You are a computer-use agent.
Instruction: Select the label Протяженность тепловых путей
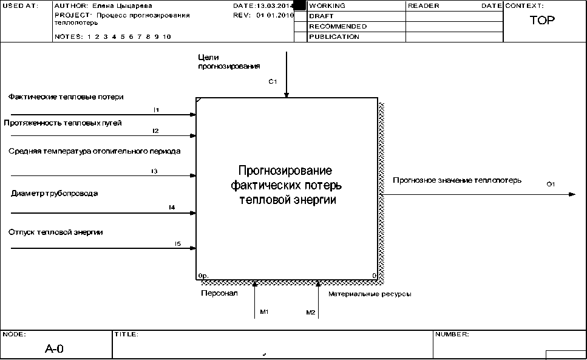pyautogui.click(x=63, y=123)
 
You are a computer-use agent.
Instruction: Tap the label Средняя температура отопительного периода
pyautogui.click(x=94, y=151)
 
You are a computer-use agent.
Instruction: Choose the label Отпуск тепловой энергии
pyautogui.click(x=55, y=232)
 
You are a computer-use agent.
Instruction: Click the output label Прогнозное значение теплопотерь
pyautogui.click(x=457, y=180)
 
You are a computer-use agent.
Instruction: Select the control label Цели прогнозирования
pyautogui.click(x=229, y=62)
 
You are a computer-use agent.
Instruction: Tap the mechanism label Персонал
pyautogui.click(x=219, y=293)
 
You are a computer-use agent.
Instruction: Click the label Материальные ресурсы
pyautogui.click(x=370, y=294)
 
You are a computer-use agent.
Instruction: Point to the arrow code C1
pyautogui.click(x=273, y=81)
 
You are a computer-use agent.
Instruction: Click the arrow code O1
pyautogui.click(x=551, y=184)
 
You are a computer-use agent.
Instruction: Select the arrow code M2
pyautogui.click(x=310, y=312)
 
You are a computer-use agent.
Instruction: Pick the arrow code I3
pyautogui.click(x=155, y=171)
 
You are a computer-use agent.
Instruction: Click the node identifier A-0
pyautogui.click(x=55, y=349)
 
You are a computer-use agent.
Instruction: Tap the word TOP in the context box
pyautogui.click(x=542, y=21)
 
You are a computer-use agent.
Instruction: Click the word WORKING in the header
pyautogui.click(x=327, y=5)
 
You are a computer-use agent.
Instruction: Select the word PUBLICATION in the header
pyautogui.click(x=334, y=36)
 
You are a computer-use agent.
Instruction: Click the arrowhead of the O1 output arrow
pyautogui.click(x=572, y=194)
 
